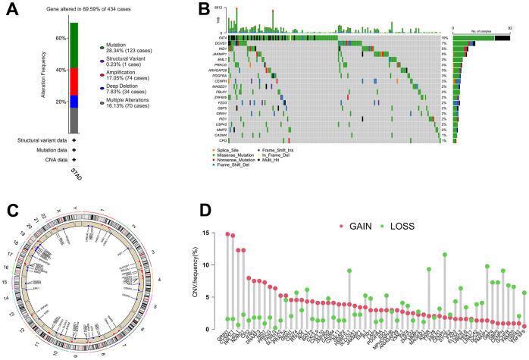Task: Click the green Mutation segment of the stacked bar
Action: click(x=74, y=45)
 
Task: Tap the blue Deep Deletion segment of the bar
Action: click(x=74, y=101)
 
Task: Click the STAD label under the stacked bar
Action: click(x=74, y=175)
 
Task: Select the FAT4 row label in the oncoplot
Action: click(x=223, y=37)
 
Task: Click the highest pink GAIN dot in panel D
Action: click(x=227, y=234)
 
